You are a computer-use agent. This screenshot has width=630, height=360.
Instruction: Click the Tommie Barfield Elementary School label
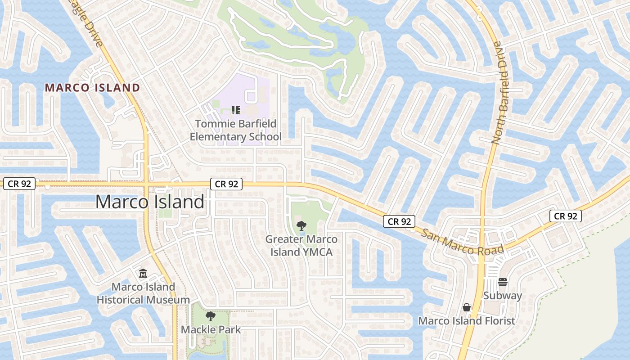coord(236,130)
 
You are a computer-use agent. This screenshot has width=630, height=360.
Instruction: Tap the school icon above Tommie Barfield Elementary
coord(235,110)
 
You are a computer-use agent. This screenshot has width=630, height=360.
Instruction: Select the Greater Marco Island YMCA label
coord(301,246)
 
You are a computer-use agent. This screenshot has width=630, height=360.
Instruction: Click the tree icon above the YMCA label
coord(301,225)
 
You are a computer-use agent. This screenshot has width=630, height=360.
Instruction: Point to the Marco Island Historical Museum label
coord(143,293)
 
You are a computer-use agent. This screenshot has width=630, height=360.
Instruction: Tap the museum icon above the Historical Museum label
coord(143,273)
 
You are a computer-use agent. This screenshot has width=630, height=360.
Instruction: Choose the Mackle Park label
coord(211,329)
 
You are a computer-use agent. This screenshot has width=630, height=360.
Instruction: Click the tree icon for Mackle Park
coord(210,316)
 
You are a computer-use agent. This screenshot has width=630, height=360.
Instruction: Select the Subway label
coord(502,296)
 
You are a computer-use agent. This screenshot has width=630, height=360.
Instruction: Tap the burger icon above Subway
coord(503,282)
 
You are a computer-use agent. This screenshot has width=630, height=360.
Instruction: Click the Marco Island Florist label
coord(467,321)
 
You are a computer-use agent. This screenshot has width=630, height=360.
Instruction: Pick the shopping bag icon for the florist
coord(467,307)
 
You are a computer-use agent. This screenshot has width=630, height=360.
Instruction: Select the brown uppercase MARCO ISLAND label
coord(92,88)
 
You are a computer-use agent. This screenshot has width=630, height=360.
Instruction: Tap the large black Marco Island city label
coord(149,202)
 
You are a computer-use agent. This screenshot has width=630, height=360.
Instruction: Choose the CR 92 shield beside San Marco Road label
coord(399,221)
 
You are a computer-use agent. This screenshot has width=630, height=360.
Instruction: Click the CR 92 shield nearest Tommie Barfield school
coord(226,184)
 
